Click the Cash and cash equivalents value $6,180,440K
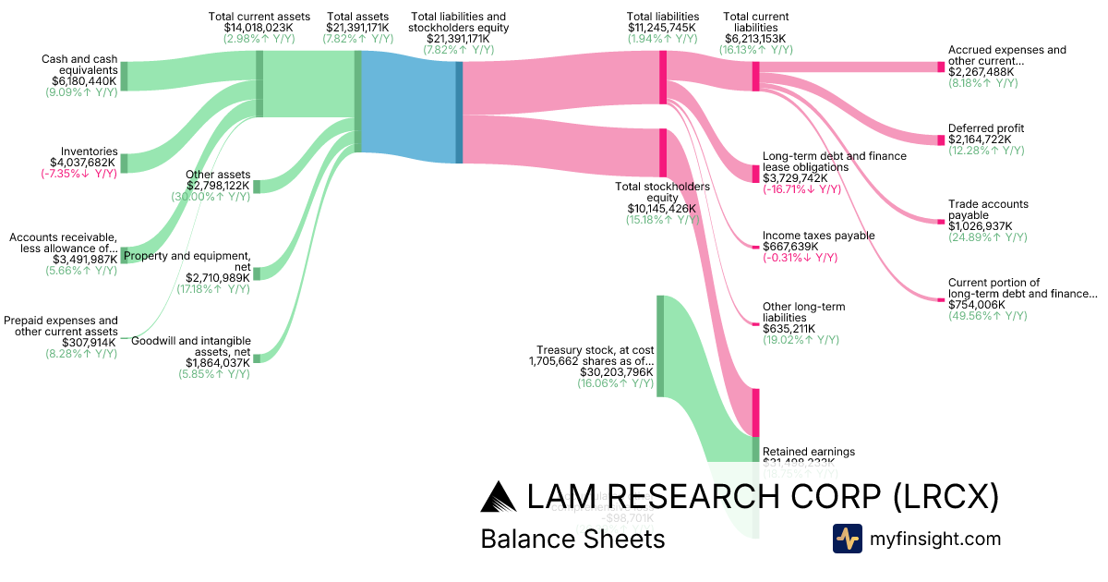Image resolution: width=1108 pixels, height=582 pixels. point(84,81)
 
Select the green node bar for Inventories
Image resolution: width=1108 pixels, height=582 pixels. point(124,164)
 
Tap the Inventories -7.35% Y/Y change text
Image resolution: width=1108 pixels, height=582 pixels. point(78,174)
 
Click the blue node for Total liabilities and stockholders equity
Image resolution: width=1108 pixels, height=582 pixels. point(459,112)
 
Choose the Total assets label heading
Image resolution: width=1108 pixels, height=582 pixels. point(357,17)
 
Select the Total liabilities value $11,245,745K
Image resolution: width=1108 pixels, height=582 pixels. point(663,28)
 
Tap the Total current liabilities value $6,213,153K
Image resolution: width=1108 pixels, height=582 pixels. point(755,39)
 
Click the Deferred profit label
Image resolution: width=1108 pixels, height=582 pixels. point(985,128)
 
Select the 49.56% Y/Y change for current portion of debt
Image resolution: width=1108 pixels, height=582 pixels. point(987,316)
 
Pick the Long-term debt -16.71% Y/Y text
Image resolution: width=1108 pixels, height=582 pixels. point(801,189)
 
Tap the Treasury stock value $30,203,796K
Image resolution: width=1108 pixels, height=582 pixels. point(617,372)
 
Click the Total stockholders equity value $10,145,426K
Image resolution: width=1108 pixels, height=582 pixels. point(662,209)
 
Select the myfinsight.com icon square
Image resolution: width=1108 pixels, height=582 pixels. point(847,539)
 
